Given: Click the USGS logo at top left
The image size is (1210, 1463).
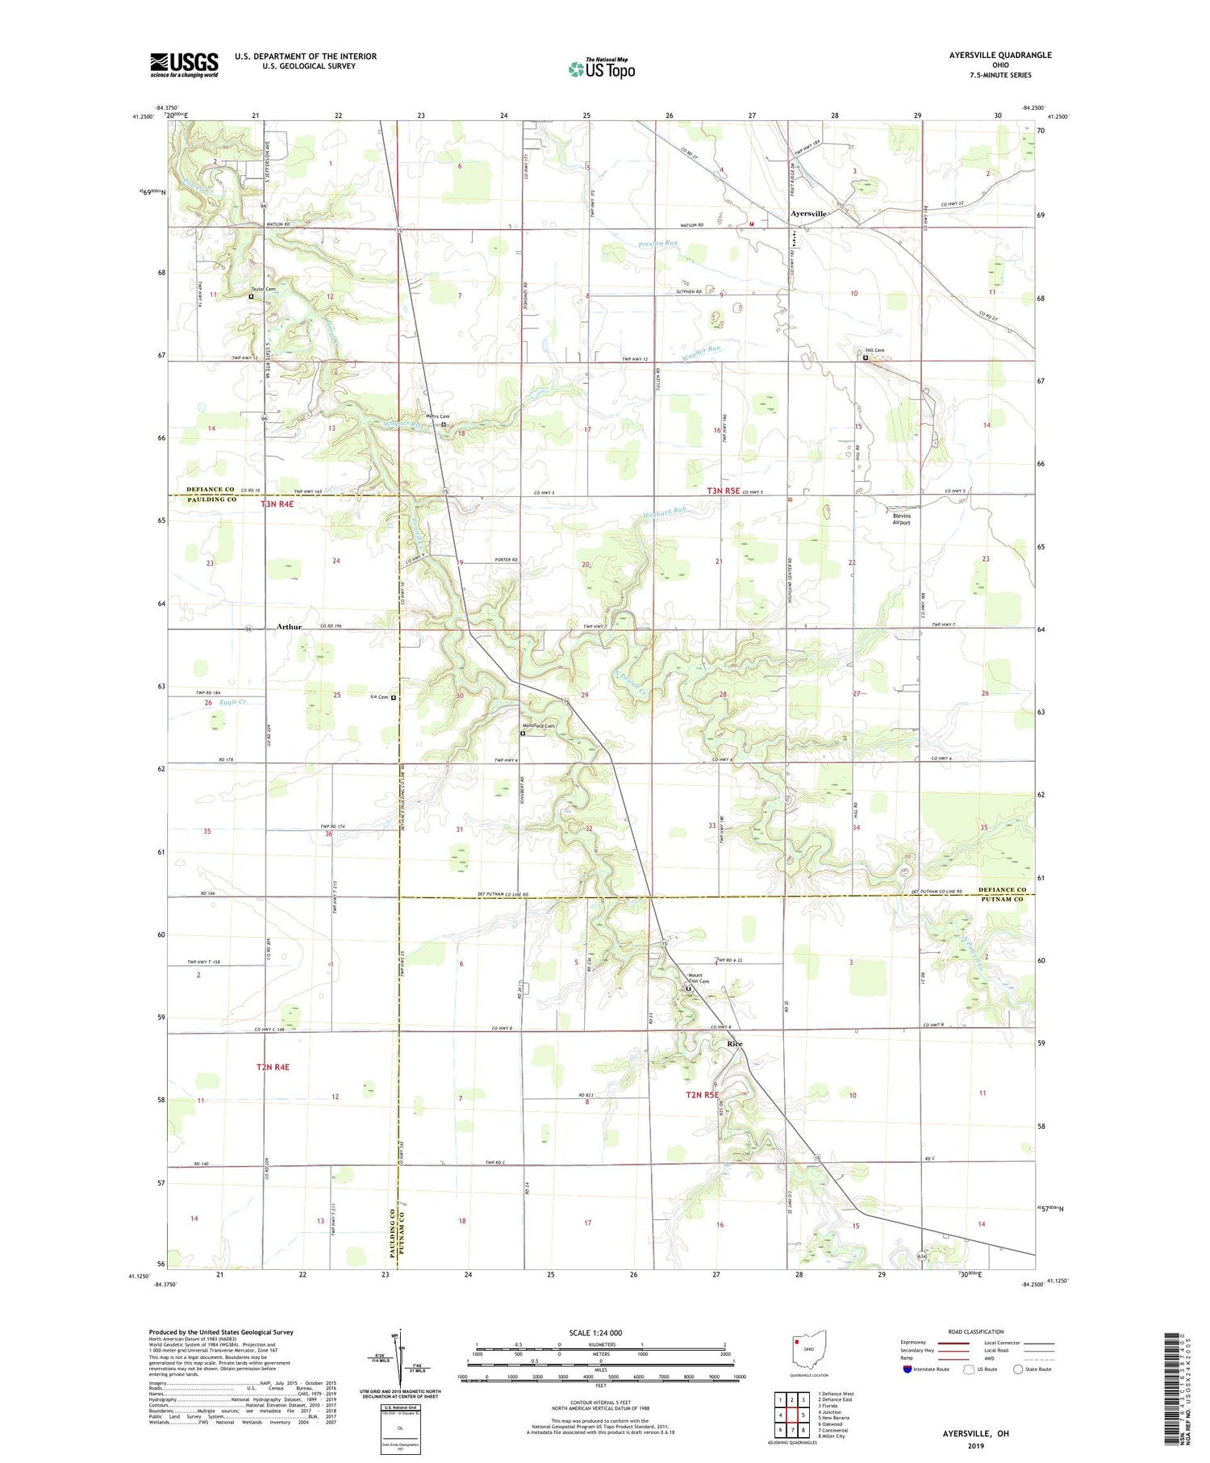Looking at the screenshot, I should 184,65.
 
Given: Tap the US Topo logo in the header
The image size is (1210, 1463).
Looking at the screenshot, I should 601,69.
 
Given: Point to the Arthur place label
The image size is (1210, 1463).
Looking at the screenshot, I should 290,626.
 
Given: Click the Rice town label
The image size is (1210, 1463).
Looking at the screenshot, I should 734,1043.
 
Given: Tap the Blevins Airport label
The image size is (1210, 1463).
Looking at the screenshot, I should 901,519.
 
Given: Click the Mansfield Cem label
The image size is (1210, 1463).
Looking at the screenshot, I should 538,725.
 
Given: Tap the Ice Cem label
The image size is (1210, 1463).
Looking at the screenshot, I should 378,697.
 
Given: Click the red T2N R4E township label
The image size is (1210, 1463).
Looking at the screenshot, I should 273,1067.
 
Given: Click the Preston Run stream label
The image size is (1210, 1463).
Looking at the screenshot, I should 658,243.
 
